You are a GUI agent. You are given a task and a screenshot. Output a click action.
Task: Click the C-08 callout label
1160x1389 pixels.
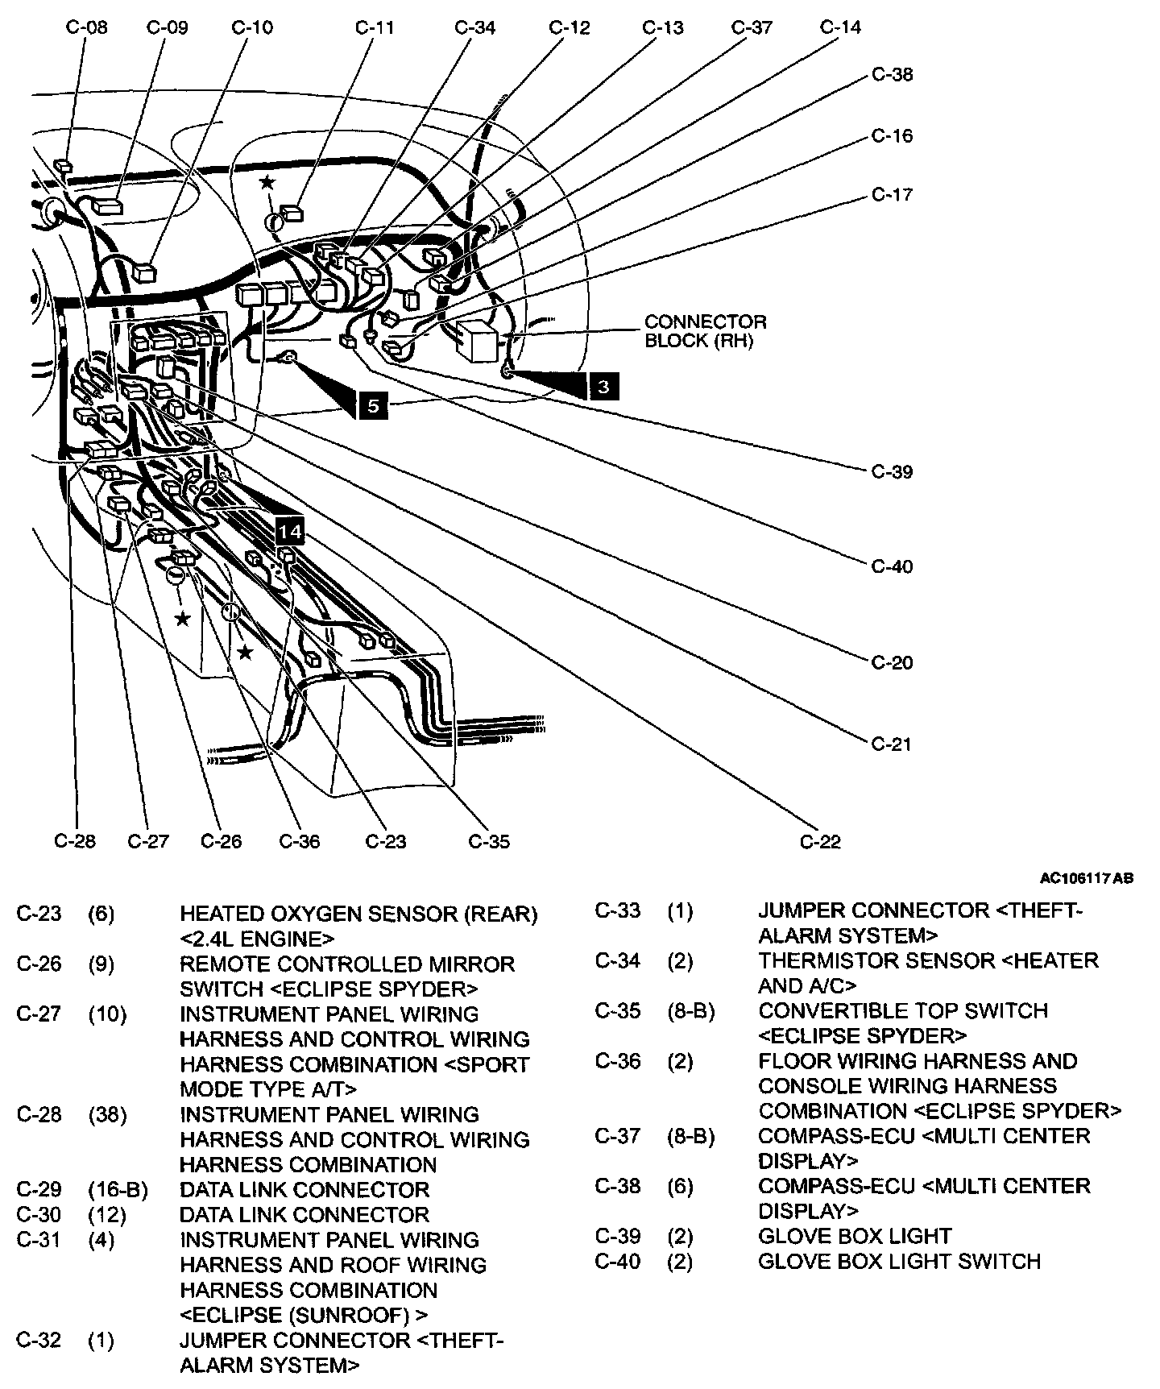pos(86,27)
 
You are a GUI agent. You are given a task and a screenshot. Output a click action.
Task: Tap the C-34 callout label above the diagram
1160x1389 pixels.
pos(475,27)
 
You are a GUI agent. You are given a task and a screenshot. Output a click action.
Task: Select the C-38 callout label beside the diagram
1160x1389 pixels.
pos(893,75)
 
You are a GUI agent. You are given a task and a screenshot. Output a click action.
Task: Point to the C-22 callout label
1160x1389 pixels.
pos(820,842)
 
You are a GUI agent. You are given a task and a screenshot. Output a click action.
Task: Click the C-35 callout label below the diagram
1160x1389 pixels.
pos(489,842)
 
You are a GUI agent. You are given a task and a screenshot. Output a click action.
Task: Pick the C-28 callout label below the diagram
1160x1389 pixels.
pos(75,842)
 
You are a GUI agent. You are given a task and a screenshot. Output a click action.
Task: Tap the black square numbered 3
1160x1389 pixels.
pos(603,388)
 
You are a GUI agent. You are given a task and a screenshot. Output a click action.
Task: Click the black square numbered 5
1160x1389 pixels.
pos(372,406)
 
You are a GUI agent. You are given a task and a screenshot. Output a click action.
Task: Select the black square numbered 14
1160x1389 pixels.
pos(290,531)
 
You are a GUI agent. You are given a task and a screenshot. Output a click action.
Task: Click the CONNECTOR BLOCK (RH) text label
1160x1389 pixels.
pos(705,331)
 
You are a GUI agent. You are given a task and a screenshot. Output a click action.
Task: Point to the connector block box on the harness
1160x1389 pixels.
pos(479,338)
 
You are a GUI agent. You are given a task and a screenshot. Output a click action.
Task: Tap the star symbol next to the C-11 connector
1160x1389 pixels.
pos(267,183)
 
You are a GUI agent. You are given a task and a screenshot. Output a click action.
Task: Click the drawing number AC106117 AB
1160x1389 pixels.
pos(1086,878)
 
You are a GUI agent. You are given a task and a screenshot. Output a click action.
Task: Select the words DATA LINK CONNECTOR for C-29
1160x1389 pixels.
pos(304,1190)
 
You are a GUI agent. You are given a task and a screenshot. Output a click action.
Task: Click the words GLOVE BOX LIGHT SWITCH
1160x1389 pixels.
pos(899,1261)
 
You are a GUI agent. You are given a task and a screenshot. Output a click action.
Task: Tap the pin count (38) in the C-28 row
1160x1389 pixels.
pos(107,1115)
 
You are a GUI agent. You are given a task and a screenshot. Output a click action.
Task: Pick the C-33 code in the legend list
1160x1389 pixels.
pos(618,911)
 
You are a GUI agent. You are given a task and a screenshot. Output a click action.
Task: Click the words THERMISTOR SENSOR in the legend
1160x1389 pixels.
pos(876,961)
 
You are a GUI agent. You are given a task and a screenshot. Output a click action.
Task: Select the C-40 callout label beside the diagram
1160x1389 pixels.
pos(893,567)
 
